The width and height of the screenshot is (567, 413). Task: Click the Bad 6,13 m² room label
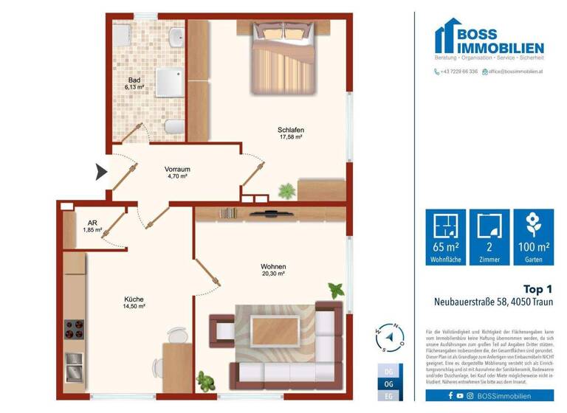[134, 83]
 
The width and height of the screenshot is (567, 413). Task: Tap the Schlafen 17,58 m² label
[291, 133]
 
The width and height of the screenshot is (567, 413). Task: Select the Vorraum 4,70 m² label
[176, 173]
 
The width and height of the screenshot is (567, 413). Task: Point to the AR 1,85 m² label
[92, 226]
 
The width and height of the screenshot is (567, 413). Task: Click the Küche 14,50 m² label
[134, 302]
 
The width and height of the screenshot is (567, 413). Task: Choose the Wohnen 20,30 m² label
[273, 270]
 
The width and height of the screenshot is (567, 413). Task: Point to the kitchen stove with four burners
[74, 327]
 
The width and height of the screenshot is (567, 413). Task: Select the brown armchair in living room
[221, 330]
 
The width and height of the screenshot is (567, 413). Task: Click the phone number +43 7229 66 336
[456, 72]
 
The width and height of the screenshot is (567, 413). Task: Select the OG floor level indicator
[389, 384]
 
